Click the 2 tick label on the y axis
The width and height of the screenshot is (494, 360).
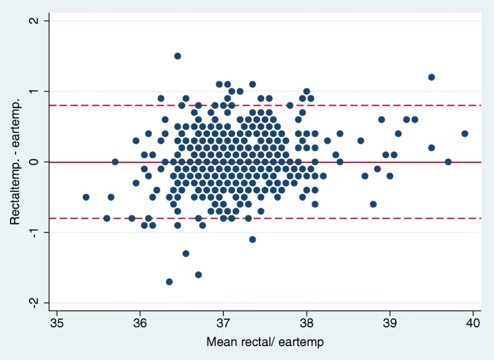pyautogui.click(x=35, y=21)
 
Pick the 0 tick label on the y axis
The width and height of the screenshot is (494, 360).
pyautogui.click(x=35, y=162)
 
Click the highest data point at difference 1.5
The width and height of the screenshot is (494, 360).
pyautogui.click(x=177, y=56)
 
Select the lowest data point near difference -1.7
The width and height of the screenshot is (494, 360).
pyautogui.click(x=169, y=282)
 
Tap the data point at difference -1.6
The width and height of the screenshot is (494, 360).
pyautogui.click(x=198, y=275)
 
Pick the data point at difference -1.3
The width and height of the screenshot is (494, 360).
pyautogui.click(x=186, y=253)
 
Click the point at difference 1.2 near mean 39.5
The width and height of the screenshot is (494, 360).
pyautogui.click(x=431, y=77)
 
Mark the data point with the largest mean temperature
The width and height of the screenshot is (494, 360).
pyautogui.click(x=465, y=134)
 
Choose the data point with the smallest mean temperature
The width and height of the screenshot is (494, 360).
pyautogui.click(x=86, y=197)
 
